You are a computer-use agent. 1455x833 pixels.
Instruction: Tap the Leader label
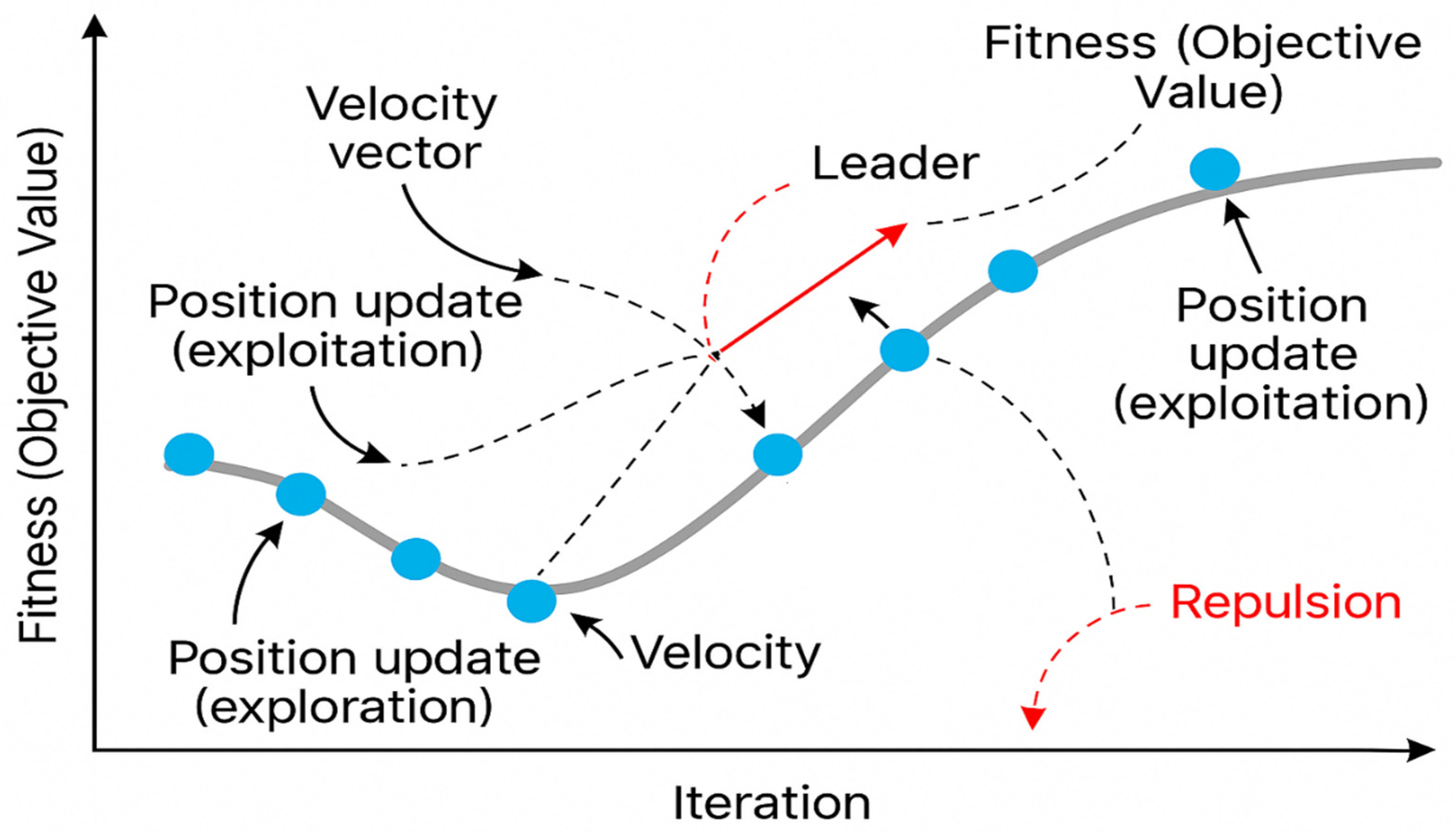[x=895, y=164]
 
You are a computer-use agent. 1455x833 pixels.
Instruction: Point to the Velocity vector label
[x=403, y=129]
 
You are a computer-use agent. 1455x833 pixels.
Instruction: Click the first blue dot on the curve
[x=189, y=454]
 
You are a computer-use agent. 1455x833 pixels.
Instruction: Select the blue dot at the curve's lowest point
[x=531, y=601]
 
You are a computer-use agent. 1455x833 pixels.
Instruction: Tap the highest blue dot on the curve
[x=1214, y=169]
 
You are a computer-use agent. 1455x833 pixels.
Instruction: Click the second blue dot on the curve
[x=301, y=494]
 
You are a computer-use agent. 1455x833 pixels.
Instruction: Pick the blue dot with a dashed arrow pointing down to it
[x=777, y=454]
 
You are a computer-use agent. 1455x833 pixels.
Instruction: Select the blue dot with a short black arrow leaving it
[x=904, y=350]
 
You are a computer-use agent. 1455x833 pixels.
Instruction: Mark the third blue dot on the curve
[x=416, y=559]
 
